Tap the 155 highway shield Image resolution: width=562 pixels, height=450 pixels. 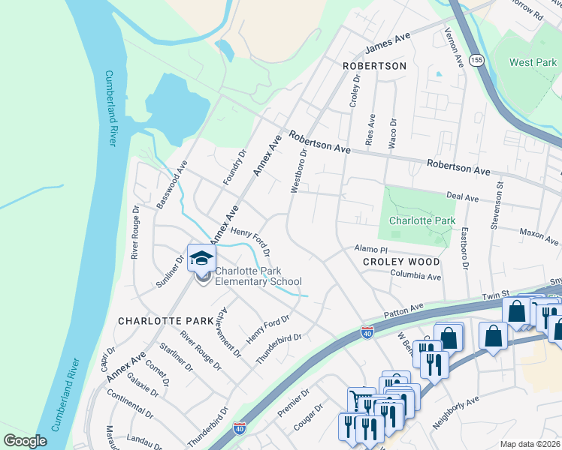475,60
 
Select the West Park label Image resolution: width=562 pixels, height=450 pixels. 533,62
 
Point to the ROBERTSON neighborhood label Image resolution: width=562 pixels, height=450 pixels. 374,66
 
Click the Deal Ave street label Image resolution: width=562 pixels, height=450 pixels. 462,197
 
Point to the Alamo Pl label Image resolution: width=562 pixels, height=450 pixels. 370,248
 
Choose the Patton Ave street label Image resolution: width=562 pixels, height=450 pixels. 403,307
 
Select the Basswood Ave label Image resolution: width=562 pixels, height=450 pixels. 171,183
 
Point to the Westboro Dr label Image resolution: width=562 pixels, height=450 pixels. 299,170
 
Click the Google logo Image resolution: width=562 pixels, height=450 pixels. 25,440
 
